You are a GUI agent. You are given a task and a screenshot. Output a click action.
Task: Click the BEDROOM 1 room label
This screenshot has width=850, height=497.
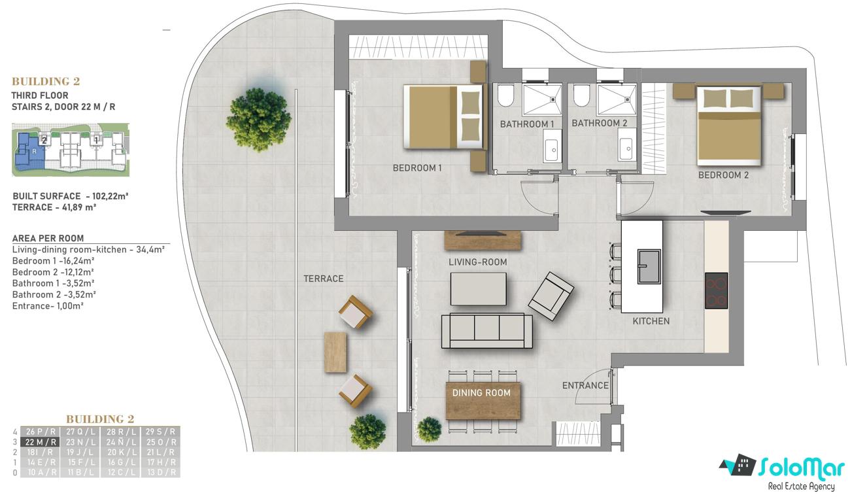click(x=417, y=167)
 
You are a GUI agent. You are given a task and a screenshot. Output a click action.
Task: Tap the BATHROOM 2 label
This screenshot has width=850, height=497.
click(x=599, y=123)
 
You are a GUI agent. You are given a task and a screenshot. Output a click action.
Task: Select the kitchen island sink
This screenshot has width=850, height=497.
click(x=649, y=266)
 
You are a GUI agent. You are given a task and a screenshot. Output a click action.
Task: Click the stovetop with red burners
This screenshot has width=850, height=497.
click(x=717, y=290)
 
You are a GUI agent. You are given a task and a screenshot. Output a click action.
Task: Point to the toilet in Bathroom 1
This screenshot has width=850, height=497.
click(x=505, y=95)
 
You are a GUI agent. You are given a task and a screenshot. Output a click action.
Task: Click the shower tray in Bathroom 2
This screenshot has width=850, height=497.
click(x=616, y=99)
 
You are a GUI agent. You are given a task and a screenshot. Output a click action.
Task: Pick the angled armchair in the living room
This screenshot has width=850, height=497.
click(x=551, y=296)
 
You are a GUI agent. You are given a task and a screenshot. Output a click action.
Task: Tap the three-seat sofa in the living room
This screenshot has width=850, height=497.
click(x=487, y=331)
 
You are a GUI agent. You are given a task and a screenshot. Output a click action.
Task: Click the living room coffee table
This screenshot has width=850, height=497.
click(x=478, y=288)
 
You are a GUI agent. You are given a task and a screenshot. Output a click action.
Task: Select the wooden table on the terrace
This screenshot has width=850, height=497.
click(x=335, y=352)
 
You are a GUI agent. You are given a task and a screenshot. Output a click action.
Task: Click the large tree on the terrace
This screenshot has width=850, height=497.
click(x=259, y=120)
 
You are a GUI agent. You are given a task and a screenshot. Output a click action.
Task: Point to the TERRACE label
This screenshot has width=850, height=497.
click(x=323, y=279)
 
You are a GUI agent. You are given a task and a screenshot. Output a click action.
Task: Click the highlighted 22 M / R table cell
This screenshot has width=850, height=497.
click(x=41, y=442)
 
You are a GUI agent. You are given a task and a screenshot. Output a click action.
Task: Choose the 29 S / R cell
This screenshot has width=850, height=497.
click(x=160, y=432)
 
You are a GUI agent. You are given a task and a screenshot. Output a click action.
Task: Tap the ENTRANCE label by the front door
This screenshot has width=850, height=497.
click(x=585, y=385)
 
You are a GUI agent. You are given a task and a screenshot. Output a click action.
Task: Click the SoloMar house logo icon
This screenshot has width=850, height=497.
click(x=738, y=465)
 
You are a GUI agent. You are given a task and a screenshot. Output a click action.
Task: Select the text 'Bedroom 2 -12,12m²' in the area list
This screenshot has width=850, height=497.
click(x=53, y=272)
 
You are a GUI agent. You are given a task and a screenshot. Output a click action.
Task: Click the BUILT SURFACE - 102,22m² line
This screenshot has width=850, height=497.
click(x=70, y=196)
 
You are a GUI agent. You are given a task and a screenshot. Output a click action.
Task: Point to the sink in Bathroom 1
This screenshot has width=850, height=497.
click(x=552, y=146)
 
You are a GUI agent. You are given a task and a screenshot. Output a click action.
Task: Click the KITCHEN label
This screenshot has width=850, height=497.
click(x=651, y=321)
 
